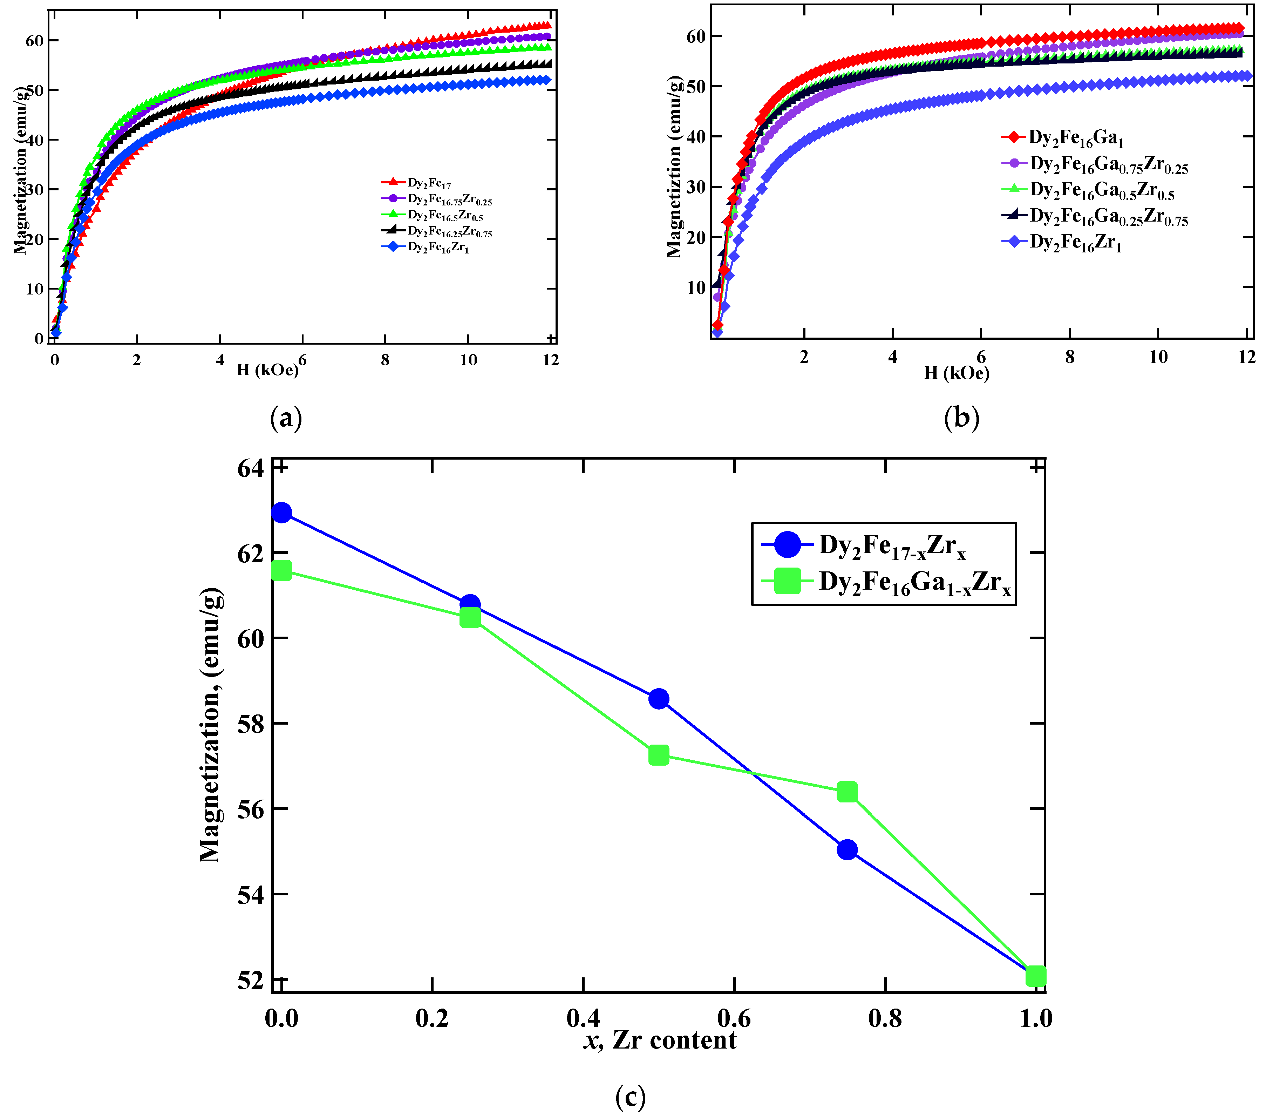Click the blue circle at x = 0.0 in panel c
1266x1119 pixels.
[281, 513]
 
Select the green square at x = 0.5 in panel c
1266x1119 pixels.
[658, 755]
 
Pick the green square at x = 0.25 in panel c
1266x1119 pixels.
[470, 618]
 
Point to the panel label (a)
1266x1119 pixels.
[286, 419]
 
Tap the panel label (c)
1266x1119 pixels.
[631, 1097]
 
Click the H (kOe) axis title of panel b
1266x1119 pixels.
[956, 373]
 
